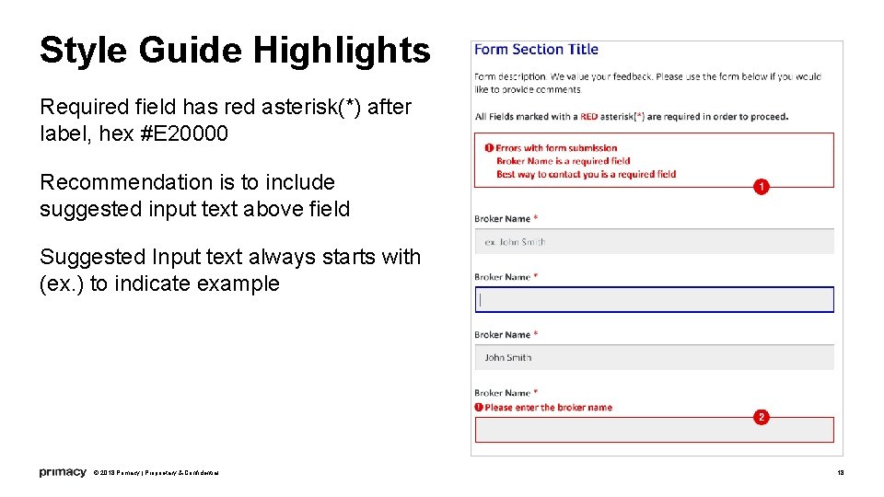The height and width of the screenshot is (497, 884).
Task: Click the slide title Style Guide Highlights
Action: (235, 51)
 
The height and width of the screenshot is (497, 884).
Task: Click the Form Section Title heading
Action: (536, 50)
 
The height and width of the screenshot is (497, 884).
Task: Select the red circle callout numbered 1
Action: (761, 187)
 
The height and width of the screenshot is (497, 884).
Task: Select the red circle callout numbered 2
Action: (761, 417)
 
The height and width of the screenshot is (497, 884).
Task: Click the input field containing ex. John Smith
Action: (654, 242)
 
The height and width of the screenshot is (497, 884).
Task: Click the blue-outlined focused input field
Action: (654, 300)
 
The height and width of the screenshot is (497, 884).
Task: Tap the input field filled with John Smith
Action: (654, 357)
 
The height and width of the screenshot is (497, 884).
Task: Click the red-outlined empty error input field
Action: (654, 430)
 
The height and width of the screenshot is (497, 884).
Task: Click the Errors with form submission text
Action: (555, 148)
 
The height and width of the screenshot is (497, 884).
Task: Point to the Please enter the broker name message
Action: (548, 407)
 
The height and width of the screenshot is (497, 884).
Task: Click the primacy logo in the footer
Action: (63, 472)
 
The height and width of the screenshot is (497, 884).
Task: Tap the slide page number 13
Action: (840, 472)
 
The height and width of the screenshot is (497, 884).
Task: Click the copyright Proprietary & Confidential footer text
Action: (157, 473)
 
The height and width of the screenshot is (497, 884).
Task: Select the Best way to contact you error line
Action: (586, 174)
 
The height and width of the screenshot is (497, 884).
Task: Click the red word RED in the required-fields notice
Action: (589, 117)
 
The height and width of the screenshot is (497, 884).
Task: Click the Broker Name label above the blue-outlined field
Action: (502, 277)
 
